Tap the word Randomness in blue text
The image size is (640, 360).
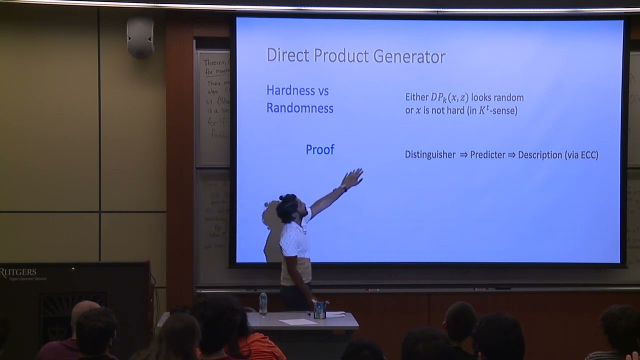pos(299,108)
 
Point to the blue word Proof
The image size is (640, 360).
pos(320,149)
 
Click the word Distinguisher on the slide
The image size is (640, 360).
pos(430,155)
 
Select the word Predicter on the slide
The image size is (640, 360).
pos(487,155)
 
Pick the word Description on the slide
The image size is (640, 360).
pos(540,155)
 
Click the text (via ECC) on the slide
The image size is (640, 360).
pos(581,155)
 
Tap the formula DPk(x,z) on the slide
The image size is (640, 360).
pos(449,97)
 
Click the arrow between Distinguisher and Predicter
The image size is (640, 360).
pos(463,155)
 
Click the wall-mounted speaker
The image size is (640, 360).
pos(140,37)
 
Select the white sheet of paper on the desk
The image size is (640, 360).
pos(297,321)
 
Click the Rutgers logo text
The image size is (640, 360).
pos(18,272)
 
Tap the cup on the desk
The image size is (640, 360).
pos(320,310)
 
